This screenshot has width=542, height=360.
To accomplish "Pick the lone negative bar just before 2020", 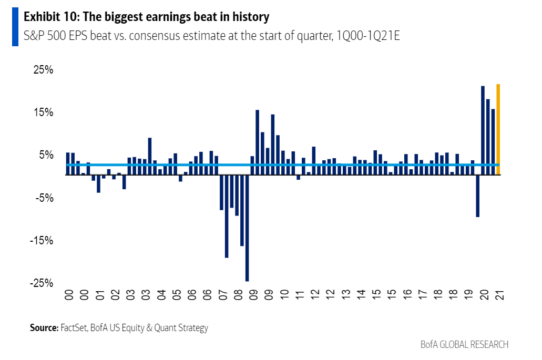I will (x=477, y=195).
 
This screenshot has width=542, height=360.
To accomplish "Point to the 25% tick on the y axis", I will (x=43, y=70).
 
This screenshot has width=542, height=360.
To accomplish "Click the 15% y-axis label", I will (x=43, y=112).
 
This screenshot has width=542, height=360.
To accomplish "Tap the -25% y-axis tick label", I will (x=42, y=283).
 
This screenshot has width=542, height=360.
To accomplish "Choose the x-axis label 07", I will (x=222, y=295).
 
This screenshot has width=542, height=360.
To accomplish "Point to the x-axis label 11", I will (x=300, y=295).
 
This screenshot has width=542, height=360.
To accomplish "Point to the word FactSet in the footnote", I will (x=74, y=328).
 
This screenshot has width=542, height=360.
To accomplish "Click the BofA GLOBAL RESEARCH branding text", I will (x=464, y=345).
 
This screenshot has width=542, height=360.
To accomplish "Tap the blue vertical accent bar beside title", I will (x=15, y=27).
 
